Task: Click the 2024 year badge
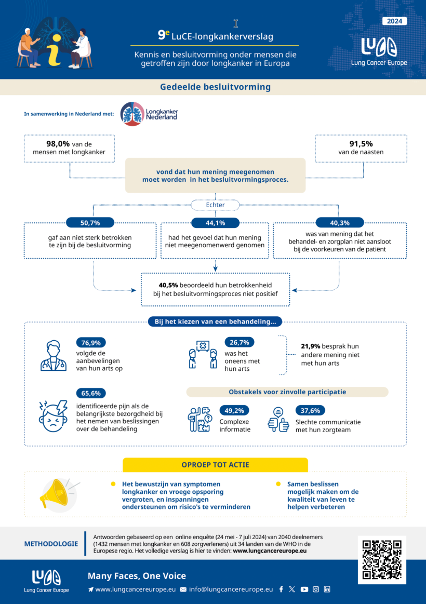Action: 395,21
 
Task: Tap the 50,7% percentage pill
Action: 90,223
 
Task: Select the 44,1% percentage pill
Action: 216,223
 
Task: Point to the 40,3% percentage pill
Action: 340,223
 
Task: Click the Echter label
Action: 216,205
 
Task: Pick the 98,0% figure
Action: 58,144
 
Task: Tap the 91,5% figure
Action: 361,144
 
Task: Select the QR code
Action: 382,560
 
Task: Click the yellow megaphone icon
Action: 56,493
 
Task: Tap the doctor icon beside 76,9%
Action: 54,356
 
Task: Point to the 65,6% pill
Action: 91,393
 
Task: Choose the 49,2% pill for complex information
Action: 235,410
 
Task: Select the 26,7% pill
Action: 240,342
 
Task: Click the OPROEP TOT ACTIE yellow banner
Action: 215,464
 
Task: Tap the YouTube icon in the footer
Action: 304,589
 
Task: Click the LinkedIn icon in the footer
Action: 327,589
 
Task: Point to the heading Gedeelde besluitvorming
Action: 215,87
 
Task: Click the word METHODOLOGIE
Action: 51,544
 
